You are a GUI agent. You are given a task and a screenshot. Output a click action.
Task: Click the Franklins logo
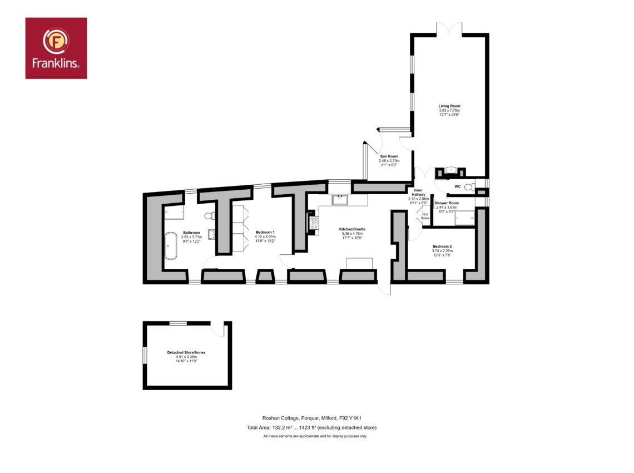point(56,48)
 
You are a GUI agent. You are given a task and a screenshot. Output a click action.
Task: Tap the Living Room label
point(449,106)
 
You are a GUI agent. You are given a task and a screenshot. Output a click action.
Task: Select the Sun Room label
point(389,156)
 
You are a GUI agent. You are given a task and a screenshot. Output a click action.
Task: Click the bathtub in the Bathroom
point(171,245)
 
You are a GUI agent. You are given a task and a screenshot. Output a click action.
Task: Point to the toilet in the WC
point(469,186)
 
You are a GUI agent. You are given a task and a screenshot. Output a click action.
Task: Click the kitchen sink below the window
point(340,200)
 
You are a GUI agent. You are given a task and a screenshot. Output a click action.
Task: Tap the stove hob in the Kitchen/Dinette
point(314,223)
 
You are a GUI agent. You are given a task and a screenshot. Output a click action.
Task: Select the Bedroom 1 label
point(265,232)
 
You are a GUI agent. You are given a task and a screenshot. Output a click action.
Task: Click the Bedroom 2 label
point(442,246)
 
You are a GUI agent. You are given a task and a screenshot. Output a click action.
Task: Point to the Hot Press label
point(425,216)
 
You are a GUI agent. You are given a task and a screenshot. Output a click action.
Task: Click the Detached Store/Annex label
point(186,352)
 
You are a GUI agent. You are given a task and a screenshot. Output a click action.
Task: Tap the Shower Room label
point(447,203)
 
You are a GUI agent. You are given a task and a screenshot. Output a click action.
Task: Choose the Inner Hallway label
point(418,192)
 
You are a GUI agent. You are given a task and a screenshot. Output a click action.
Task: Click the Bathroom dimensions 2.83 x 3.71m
point(192,237)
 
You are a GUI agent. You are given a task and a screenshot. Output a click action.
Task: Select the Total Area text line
point(312,427)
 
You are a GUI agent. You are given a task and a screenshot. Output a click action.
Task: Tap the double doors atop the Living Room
point(449,29)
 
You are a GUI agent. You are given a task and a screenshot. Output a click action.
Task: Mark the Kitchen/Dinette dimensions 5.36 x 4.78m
point(352,234)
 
